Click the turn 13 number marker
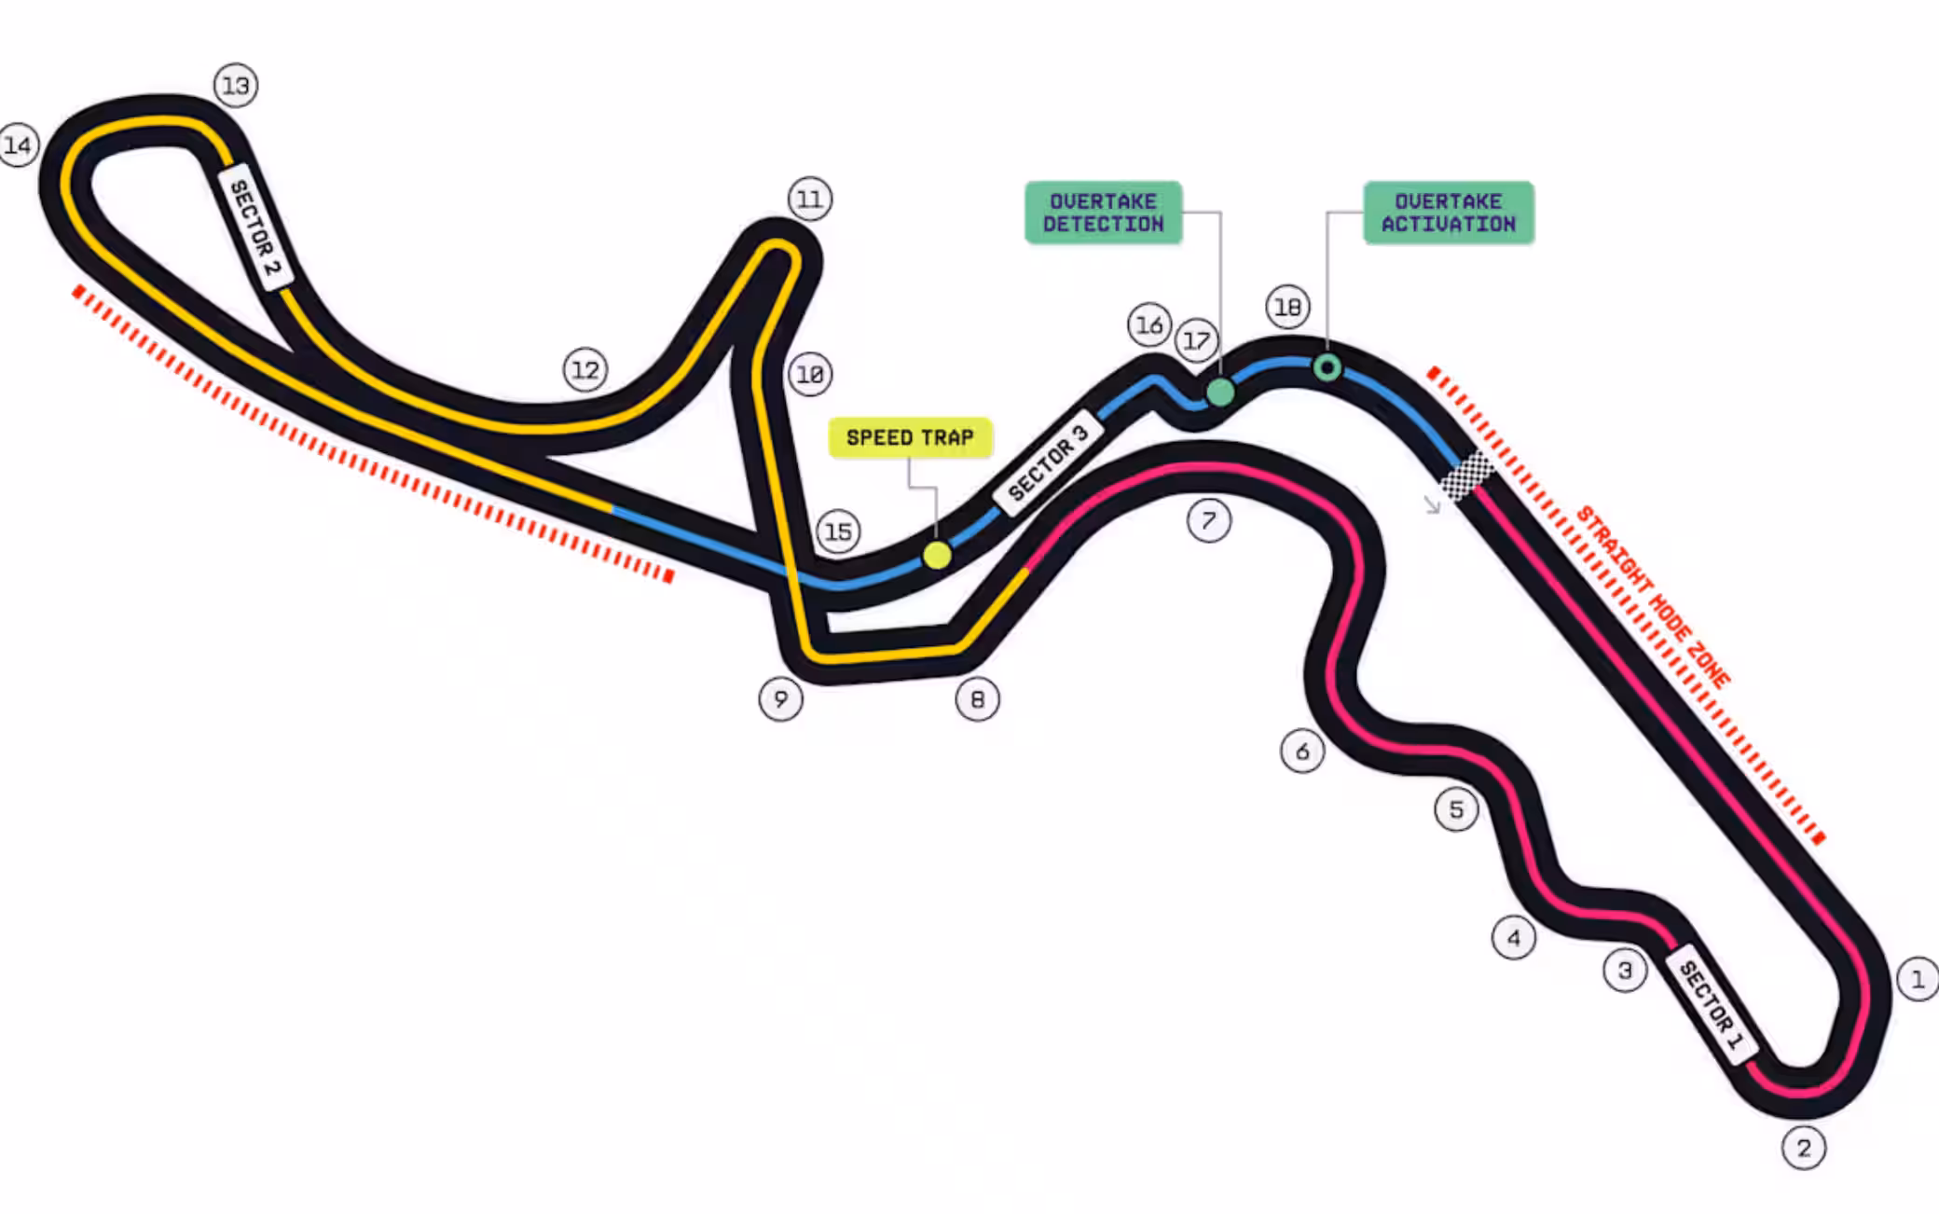pyautogui.click(x=236, y=86)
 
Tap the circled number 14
pyautogui.click(x=18, y=145)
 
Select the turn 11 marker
pyautogui.click(x=810, y=199)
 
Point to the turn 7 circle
pyautogui.click(x=1209, y=520)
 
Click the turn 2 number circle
pyautogui.click(x=1803, y=1148)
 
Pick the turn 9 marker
pyautogui.click(x=781, y=698)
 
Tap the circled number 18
pyautogui.click(x=1287, y=306)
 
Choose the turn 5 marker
pyautogui.click(x=1456, y=809)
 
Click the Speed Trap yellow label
pyautogui.click(x=910, y=437)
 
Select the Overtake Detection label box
pyautogui.click(x=1103, y=213)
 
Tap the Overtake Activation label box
pyautogui.click(x=1448, y=213)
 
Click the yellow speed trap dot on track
pyautogui.click(x=937, y=556)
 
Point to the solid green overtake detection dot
pyautogui.click(x=1220, y=393)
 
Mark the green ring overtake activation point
pyautogui.click(x=1327, y=367)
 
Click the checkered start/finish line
pyautogui.click(x=1466, y=476)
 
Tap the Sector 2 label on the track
pyautogui.click(x=254, y=229)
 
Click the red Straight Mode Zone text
pyautogui.click(x=1653, y=598)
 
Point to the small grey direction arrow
pyautogui.click(x=1432, y=505)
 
